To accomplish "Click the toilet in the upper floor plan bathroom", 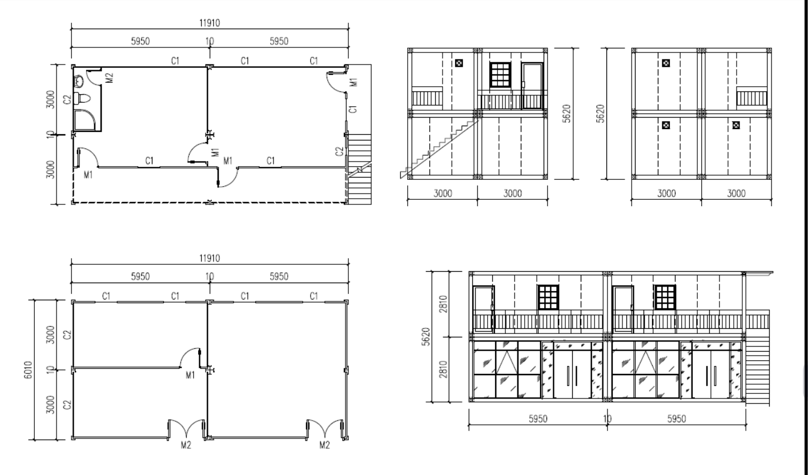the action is [x=82, y=99].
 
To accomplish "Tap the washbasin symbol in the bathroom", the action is [x=79, y=81].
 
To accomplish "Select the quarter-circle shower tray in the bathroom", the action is [x=85, y=120].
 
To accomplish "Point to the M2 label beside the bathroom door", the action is [x=110, y=78].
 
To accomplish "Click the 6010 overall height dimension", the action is [x=28, y=370].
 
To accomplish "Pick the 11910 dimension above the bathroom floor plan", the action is [x=210, y=23].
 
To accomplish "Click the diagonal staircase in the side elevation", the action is [x=439, y=148].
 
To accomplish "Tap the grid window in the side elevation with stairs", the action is [x=500, y=75].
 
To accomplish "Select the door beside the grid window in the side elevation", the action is [x=532, y=86].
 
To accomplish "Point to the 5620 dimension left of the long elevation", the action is [x=426, y=336].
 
